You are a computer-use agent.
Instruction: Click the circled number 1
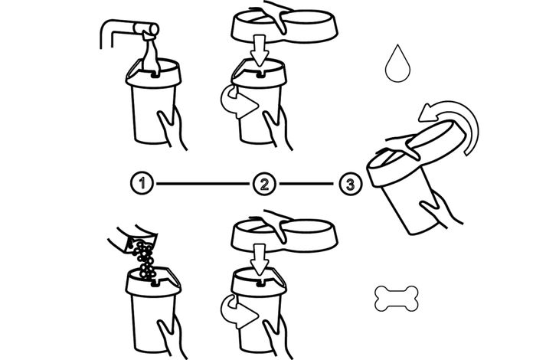[x=141, y=184]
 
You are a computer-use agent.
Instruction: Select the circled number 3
[x=348, y=184]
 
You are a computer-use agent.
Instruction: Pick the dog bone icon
[x=396, y=298]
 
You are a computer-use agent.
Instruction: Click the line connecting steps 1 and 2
[x=202, y=184]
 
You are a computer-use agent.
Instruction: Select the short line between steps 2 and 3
[x=306, y=184]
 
